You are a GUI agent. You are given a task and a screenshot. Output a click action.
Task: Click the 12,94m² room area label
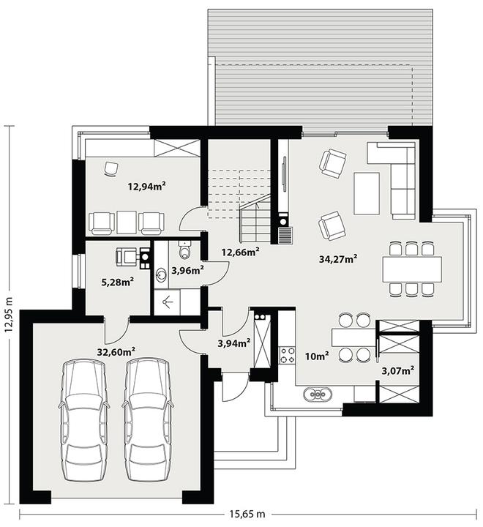click(147, 185)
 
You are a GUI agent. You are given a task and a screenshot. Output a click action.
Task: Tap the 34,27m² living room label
click(338, 259)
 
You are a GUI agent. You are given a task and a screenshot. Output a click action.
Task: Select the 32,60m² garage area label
click(116, 351)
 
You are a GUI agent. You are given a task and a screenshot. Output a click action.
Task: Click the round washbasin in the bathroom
click(161, 275)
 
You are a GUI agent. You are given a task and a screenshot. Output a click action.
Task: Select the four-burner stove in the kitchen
click(287, 354)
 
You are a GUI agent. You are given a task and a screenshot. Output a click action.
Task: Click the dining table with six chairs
click(412, 269)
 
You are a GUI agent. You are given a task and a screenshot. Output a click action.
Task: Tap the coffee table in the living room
click(367, 193)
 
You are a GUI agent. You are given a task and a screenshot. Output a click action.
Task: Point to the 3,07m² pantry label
click(398, 370)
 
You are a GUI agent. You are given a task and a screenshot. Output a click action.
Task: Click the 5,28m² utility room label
click(118, 282)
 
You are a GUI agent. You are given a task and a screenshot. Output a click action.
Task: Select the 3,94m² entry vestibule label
click(234, 343)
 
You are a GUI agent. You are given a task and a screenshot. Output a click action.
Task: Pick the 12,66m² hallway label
click(240, 252)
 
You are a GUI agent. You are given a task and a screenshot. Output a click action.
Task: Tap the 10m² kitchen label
click(317, 356)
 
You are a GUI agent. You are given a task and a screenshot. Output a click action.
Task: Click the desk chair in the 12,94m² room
click(111, 168)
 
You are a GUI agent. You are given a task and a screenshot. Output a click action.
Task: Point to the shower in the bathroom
click(167, 302)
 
